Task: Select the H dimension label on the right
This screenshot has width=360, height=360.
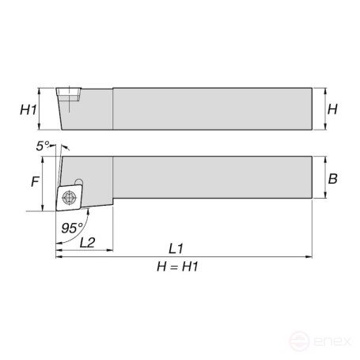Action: coord(333,108)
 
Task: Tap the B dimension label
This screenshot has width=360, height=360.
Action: coord(333,179)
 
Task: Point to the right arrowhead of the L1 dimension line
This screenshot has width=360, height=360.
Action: coord(311,256)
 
